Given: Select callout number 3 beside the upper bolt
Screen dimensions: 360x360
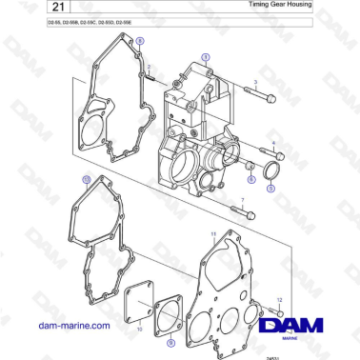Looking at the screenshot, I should tap(255, 83).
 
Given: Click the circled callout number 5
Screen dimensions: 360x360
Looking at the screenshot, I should tap(270, 189).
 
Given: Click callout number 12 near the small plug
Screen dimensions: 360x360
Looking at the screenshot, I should tap(280, 298).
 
